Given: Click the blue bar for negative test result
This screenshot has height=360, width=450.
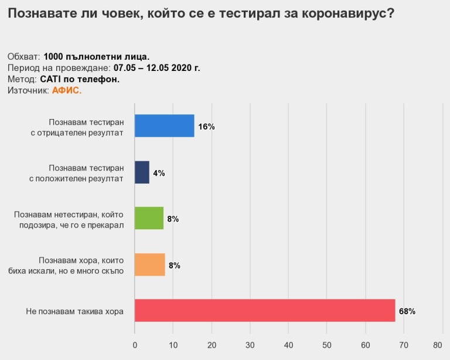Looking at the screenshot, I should coord(164,125).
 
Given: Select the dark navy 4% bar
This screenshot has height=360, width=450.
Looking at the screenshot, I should coord(142,172).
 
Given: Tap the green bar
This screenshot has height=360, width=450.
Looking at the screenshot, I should coord(149,218).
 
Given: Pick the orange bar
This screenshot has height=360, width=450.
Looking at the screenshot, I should coord(149,264).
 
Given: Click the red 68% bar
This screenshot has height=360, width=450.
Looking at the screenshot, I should coord(265,310).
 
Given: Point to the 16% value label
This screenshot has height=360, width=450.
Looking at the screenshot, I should coord(206,127).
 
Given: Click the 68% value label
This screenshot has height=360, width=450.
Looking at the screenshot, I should coord(407,311).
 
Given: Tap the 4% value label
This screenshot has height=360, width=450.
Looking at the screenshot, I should coord(159,173).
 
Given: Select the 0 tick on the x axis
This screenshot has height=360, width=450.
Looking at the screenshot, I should coord(135,345).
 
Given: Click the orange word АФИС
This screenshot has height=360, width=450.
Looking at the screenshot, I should coord(67,90).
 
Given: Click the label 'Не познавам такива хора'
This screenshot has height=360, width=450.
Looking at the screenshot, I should coord(75,311).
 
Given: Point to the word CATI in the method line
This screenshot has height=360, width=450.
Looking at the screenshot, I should coord(52,79).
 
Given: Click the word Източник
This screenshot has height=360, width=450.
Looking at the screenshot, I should coord(28,90).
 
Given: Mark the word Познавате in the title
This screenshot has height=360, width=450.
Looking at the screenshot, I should coord(40,13).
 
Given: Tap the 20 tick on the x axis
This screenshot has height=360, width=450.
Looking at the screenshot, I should coord(212,345).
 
